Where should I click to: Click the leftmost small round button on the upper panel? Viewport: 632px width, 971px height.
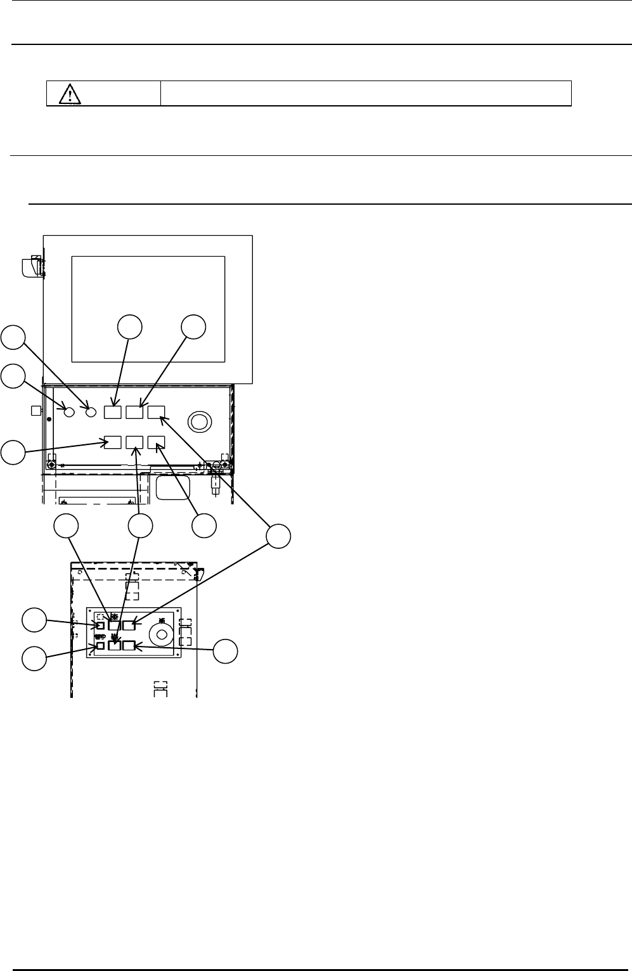70,412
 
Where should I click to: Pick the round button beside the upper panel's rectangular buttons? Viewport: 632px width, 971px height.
91,412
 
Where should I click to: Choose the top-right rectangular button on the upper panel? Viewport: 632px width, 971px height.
156,412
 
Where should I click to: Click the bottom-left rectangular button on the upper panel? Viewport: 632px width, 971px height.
113,442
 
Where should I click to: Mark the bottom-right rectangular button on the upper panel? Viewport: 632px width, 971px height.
156,442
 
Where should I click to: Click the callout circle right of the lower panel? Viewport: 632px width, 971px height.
225,651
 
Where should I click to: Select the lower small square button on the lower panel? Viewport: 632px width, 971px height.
100,646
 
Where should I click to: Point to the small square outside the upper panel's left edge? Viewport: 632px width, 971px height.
35,411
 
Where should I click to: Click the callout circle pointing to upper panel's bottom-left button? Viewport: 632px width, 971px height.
13,453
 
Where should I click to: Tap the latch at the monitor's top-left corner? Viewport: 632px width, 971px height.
31,267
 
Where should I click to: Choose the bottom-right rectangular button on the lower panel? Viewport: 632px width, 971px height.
129,646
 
